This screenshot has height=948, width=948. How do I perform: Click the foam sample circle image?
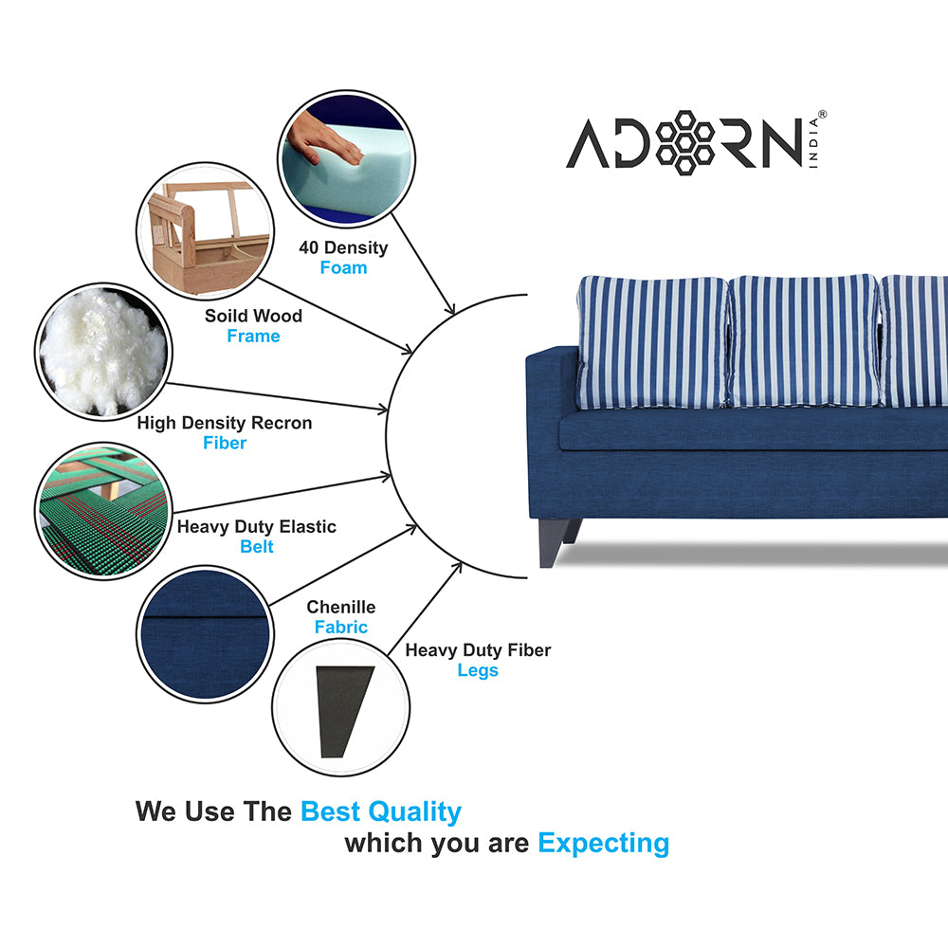346,159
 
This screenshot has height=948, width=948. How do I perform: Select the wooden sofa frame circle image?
205,231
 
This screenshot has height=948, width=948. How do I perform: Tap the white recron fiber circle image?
103,352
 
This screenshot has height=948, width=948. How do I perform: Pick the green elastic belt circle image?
103,511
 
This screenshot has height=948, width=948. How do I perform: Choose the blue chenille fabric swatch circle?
205,634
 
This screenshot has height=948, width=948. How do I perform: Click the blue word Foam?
343,268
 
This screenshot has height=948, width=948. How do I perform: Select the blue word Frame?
253,337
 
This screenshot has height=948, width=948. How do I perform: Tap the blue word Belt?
257,547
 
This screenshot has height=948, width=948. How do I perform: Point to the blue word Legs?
478,670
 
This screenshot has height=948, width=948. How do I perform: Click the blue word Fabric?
341,627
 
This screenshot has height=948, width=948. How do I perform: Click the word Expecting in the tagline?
603,844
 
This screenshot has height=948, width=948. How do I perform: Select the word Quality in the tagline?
415,812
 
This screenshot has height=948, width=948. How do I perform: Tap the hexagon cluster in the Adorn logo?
685,143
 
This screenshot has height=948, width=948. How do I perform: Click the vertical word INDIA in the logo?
813,143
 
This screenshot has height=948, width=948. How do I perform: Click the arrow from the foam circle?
423,264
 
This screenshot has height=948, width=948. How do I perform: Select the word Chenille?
341,607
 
